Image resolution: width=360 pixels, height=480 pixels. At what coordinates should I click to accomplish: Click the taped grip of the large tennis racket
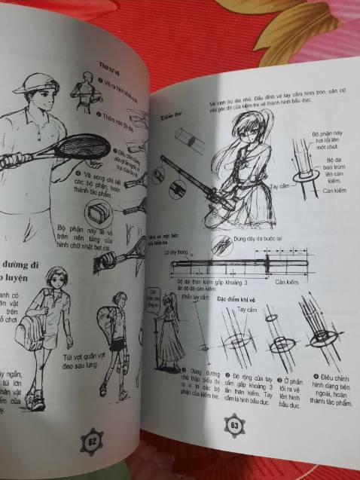[x=9, y=160]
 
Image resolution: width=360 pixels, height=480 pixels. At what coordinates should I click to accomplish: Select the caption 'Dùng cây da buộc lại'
[x=258, y=238]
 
